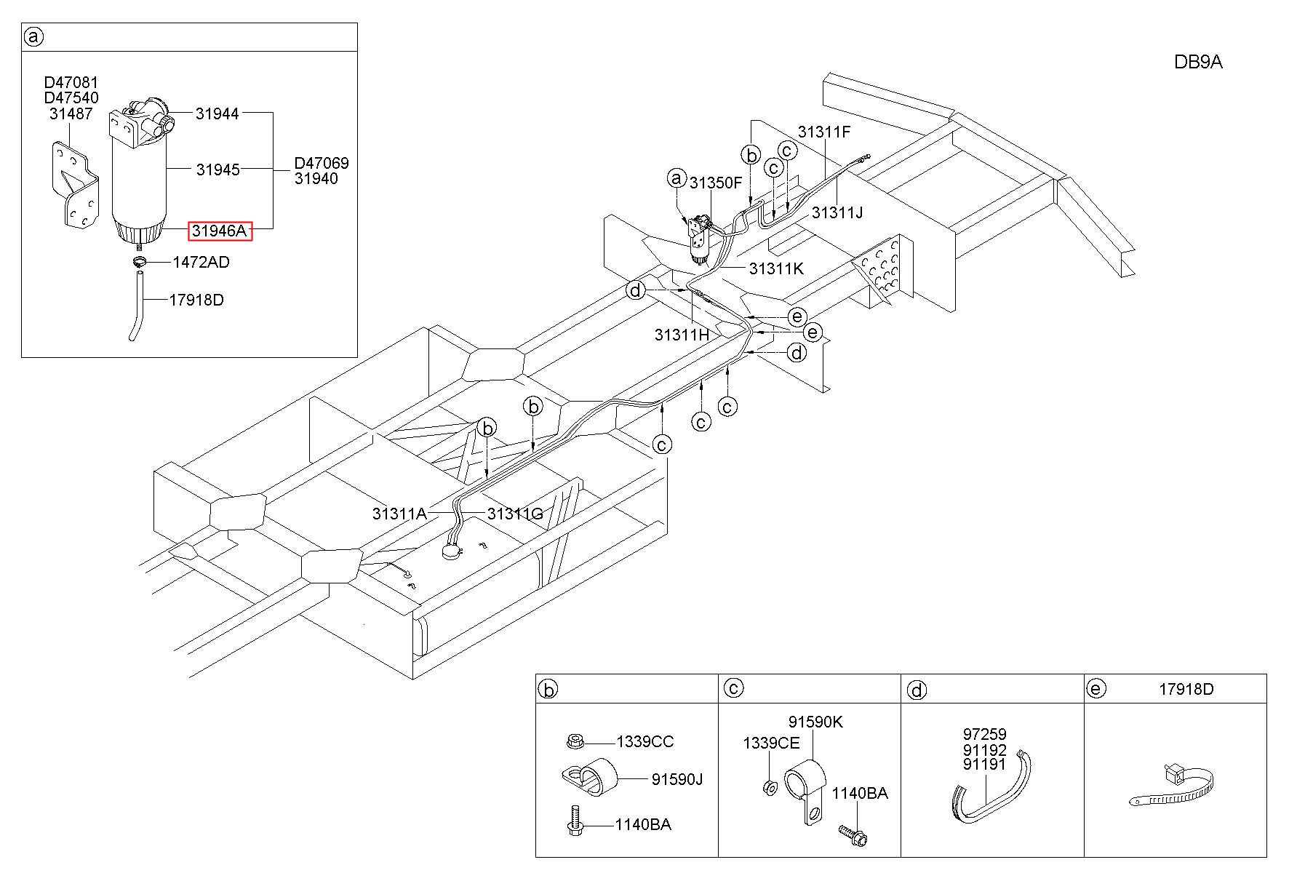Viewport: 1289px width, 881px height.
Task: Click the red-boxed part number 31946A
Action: (220, 231)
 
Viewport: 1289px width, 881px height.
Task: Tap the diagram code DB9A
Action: (1198, 63)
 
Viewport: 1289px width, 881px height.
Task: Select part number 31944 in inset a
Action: (217, 113)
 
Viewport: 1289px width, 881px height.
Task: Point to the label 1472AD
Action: (201, 263)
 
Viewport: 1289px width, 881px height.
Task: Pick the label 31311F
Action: (824, 132)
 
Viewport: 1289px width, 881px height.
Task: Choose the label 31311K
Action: (777, 268)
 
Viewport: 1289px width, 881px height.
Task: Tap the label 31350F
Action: (716, 183)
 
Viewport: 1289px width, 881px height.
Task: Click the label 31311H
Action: (682, 335)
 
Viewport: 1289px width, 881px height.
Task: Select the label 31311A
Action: (399, 514)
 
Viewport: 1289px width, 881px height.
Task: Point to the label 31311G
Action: (516, 514)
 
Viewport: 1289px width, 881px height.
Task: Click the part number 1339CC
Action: (645, 742)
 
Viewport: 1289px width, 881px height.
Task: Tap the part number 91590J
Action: (677, 780)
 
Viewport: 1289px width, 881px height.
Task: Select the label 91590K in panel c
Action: (816, 722)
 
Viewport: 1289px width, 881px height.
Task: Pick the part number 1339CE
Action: (771, 744)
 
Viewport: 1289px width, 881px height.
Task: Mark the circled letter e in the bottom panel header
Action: (1096, 689)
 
